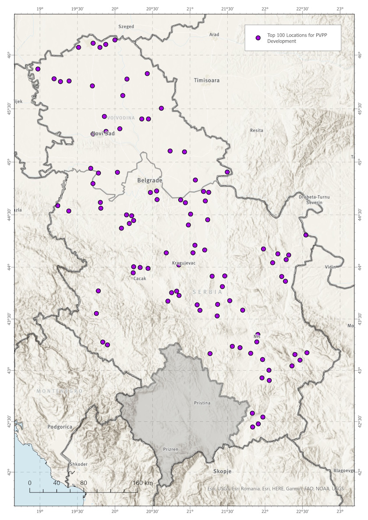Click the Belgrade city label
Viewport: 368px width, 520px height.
[150, 180]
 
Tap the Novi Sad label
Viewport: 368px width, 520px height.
[103, 134]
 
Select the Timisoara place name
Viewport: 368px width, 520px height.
[207, 81]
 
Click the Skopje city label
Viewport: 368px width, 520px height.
[222, 471]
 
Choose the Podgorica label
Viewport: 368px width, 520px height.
[60, 426]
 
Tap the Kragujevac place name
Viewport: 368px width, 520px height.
[184, 263]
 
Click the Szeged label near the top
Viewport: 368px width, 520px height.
[126, 27]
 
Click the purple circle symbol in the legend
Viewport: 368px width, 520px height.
[258, 38]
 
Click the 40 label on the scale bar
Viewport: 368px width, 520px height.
[57, 483]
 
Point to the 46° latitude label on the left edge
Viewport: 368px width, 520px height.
[9, 55]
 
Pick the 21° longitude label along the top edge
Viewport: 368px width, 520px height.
[190, 9]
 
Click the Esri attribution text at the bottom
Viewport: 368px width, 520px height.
[276, 488]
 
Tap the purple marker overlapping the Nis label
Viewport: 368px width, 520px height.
[258, 335]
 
